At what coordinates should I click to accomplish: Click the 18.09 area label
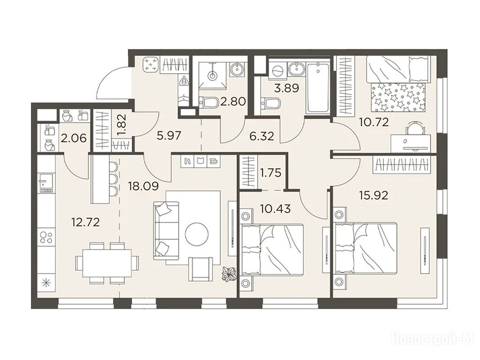(x=143, y=186)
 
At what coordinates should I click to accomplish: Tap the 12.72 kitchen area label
(x=85, y=222)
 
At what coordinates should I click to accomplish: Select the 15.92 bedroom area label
(x=373, y=195)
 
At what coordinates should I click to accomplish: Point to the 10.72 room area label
(x=374, y=122)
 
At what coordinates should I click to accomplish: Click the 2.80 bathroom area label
(x=233, y=101)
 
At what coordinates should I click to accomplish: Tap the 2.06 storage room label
(x=74, y=139)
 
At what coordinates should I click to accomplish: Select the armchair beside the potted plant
(x=201, y=269)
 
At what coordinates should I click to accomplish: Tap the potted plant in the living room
(x=229, y=273)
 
